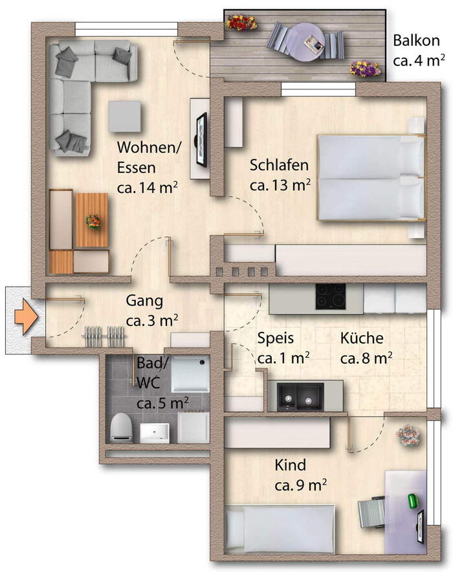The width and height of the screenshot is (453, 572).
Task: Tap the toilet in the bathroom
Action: coord(122,428)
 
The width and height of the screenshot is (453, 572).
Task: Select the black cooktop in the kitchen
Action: coord(331,296)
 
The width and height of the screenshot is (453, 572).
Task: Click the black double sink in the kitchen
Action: coord(300,396)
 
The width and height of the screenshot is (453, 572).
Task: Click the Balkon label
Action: coord(416,41)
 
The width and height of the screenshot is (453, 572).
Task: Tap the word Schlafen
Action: coord(279,165)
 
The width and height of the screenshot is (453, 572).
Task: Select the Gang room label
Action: coord(144,301)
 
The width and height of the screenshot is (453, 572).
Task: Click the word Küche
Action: coord(362,338)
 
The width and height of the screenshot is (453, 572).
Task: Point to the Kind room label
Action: coord(291,465)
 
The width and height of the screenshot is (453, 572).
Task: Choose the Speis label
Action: coord(276,338)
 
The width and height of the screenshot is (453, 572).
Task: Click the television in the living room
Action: coord(201,140)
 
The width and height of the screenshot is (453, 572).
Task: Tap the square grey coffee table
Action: coord(124,116)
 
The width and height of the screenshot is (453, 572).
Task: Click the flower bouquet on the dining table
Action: coord(93,221)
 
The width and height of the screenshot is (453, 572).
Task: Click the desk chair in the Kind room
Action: coord(371,512)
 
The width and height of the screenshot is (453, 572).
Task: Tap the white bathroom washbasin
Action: coord(155,433)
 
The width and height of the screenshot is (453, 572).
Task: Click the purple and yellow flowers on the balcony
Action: coord(366,69)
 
